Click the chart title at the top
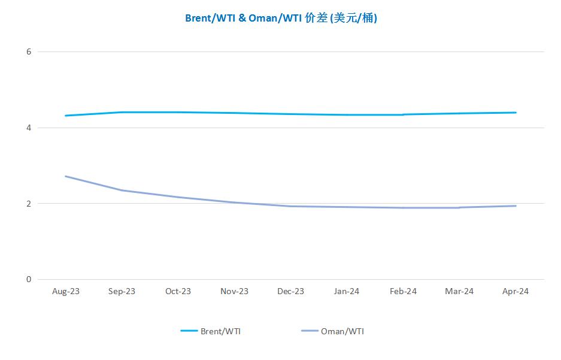click(281, 18)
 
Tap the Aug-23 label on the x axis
click(66, 292)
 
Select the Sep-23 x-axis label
click(122, 292)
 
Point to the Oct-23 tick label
click(178, 292)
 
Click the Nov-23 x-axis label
click(234, 292)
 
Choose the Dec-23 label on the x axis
click(290, 292)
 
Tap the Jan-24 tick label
click(347, 292)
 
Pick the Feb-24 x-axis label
click(403, 292)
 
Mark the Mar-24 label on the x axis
click(459, 292)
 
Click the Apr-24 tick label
click(515, 292)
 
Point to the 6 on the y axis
click(28, 52)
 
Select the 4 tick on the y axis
click(28, 128)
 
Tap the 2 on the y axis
click(28, 204)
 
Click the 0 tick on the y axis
click(28, 279)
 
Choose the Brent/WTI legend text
click(221, 331)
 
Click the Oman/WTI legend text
click(342, 331)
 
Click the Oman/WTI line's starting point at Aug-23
click(66, 176)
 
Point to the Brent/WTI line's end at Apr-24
click(515, 113)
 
